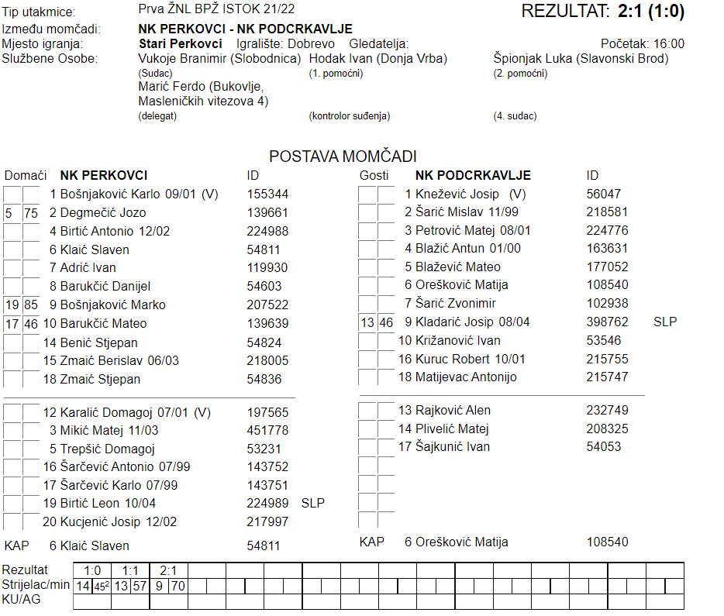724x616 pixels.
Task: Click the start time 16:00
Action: [x=668, y=44]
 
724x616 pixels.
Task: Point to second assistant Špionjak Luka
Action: [x=529, y=58]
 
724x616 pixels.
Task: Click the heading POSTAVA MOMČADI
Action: [x=343, y=157]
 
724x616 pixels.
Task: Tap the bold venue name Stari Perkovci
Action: [x=180, y=44]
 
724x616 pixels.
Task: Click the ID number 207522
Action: [x=267, y=305]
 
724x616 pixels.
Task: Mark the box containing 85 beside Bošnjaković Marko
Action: [x=31, y=305]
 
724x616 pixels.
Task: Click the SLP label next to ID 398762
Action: [x=665, y=322]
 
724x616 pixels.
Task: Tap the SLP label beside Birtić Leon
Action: [x=312, y=503]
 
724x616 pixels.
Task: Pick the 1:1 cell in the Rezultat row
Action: [x=129, y=571]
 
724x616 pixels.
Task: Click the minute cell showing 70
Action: [x=178, y=587]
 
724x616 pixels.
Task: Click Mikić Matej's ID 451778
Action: [x=267, y=430]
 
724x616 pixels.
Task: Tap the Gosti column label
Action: [x=374, y=176]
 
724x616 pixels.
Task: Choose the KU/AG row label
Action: [x=21, y=600]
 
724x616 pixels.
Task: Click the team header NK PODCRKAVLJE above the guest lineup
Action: [x=473, y=176]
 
